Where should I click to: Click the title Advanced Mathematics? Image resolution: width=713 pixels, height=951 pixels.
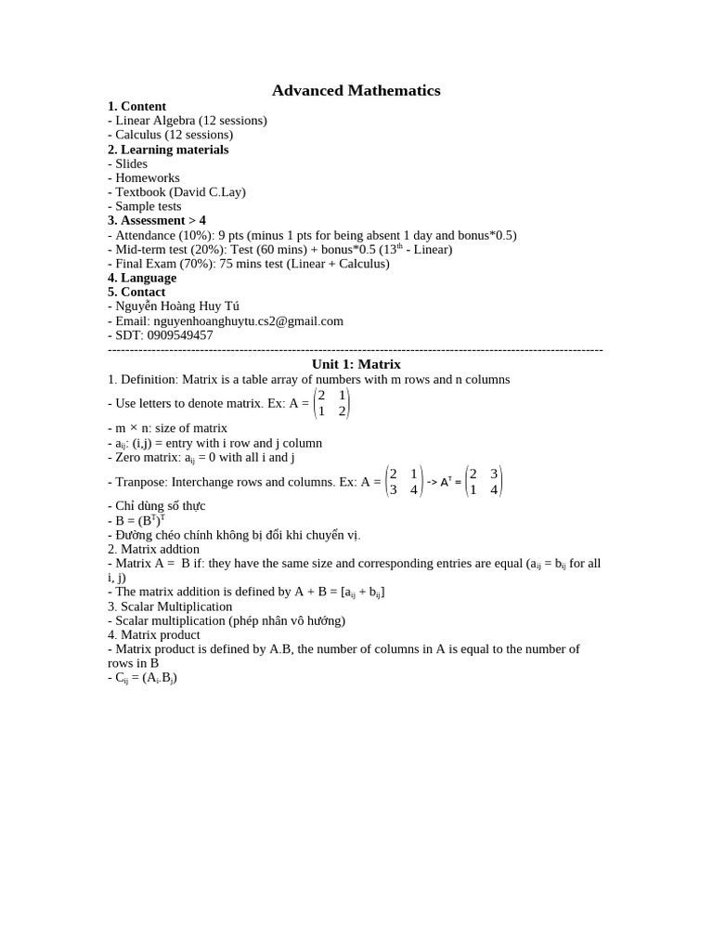[356, 90]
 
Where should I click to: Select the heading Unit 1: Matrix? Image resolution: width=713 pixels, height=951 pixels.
[356, 364]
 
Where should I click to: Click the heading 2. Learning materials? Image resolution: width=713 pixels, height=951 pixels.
[168, 149]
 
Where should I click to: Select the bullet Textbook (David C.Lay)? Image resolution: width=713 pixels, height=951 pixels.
[180, 191]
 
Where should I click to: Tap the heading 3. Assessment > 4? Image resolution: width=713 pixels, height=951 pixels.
[157, 220]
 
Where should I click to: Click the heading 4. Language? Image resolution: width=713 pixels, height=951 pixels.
[142, 277]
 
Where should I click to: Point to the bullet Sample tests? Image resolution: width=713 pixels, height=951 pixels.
[148, 206]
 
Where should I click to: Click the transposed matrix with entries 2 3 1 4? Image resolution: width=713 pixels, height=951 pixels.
[484, 481]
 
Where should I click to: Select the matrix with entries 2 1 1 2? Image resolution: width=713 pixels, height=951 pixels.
[331, 403]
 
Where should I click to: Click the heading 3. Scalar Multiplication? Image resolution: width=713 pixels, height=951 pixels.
[170, 606]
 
